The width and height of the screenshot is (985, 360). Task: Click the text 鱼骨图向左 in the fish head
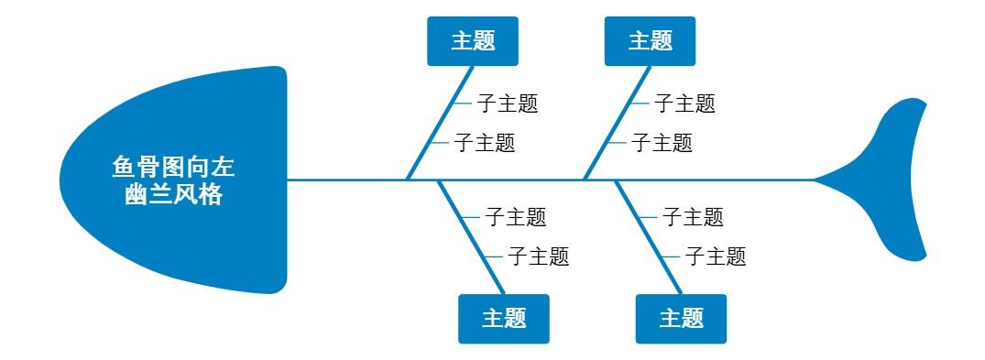click(173, 168)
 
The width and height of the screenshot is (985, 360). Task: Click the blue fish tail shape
click(893, 179)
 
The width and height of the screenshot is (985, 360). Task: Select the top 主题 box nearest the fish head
click(473, 41)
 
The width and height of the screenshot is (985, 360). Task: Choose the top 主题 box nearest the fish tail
click(651, 41)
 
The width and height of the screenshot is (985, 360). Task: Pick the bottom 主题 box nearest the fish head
click(504, 319)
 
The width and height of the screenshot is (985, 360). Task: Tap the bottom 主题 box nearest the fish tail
click(681, 319)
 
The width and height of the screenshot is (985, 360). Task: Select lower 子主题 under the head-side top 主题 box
click(485, 143)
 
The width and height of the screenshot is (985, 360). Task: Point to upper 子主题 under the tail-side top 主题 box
click(684, 104)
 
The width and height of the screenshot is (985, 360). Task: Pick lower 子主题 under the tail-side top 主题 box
click(662, 143)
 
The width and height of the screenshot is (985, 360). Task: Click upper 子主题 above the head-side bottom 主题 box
click(515, 217)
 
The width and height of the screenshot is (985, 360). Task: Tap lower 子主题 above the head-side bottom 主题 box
click(539, 256)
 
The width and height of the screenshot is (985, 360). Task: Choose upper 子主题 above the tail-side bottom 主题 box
click(693, 217)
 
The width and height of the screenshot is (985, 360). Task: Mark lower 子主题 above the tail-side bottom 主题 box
click(716, 256)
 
